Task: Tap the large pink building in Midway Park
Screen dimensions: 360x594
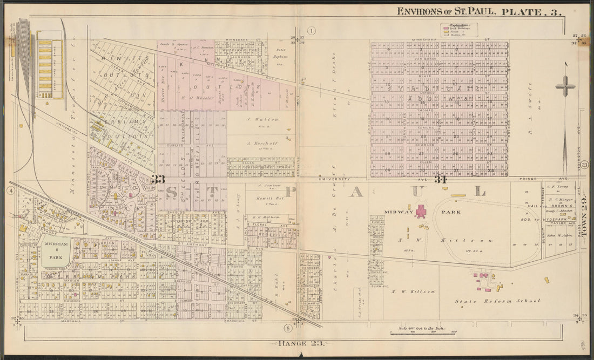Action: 421,211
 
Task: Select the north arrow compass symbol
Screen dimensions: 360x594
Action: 565,86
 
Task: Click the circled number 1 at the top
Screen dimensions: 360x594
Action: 312,30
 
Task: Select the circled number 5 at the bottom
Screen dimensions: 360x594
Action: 288,328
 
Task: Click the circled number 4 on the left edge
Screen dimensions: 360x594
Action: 10,191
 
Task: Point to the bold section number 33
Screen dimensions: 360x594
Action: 158,180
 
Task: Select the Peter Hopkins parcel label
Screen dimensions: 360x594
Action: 280,53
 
